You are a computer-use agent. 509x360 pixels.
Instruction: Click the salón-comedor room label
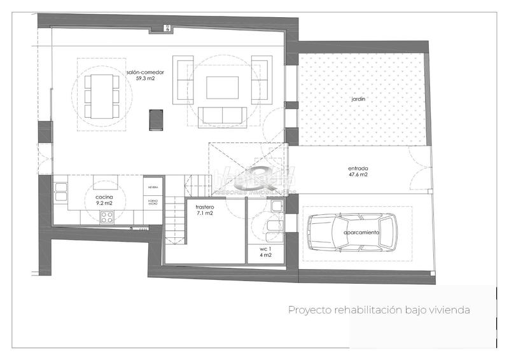pyautogui.click(x=146, y=73)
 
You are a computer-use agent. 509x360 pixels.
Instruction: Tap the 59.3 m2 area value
pyautogui.click(x=146, y=80)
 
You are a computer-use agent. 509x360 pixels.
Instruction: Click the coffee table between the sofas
pyautogui.click(x=222, y=87)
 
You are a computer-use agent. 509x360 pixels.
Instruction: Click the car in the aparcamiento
pyautogui.click(x=352, y=233)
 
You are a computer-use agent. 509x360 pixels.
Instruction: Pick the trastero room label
pyautogui.click(x=205, y=207)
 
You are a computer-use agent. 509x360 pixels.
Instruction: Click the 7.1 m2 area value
pyautogui.click(x=205, y=214)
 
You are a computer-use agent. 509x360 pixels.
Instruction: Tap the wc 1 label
pyautogui.click(x=266, y=248)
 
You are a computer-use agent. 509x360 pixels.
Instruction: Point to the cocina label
pyautogui.click(x=104, y=198)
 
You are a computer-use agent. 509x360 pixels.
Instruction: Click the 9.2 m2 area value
pyautogui.click(x=104, y=204)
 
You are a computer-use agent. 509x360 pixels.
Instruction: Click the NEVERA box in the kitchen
pyautogui.click(x=153, y=188)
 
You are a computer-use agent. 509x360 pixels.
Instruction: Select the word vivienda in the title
pyautogui.click(x=449, y=310)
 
